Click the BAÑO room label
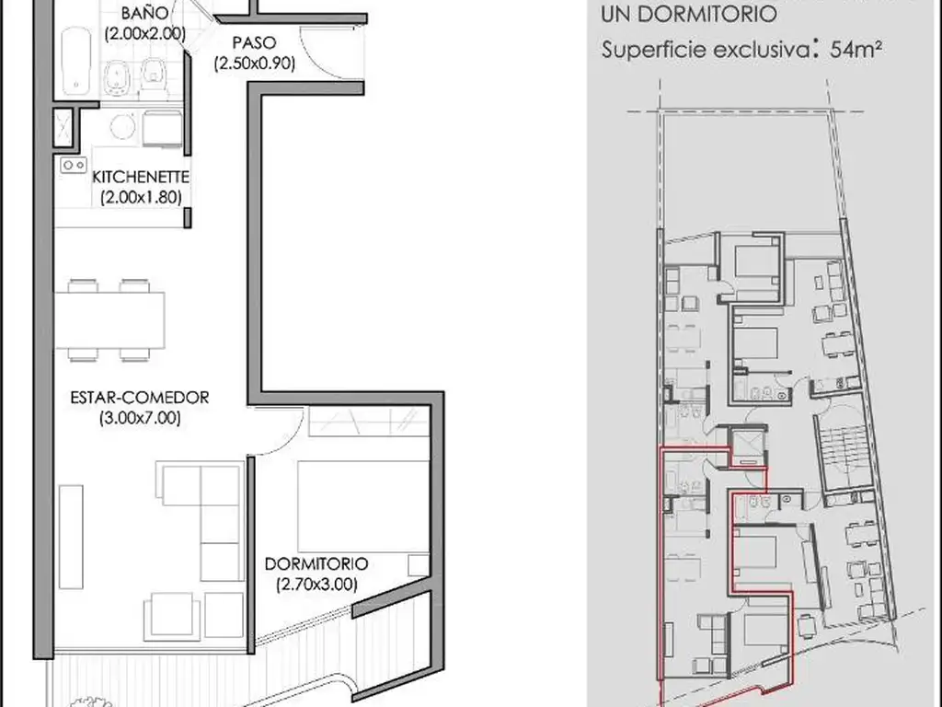[144, 13]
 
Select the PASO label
[254, 42]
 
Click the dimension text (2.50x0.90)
[255, 64]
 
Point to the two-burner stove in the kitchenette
[74, 165]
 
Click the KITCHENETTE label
[141, 178]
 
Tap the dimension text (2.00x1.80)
[141, 197]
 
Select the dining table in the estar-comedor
[110, 319]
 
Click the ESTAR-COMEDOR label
[140, 398]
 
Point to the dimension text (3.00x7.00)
[140, 418]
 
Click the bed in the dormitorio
[363, 506]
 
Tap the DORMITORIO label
[316, 564]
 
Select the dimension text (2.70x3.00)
[316, 585]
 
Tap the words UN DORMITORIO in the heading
[688, 14]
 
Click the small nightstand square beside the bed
[419, 565]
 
